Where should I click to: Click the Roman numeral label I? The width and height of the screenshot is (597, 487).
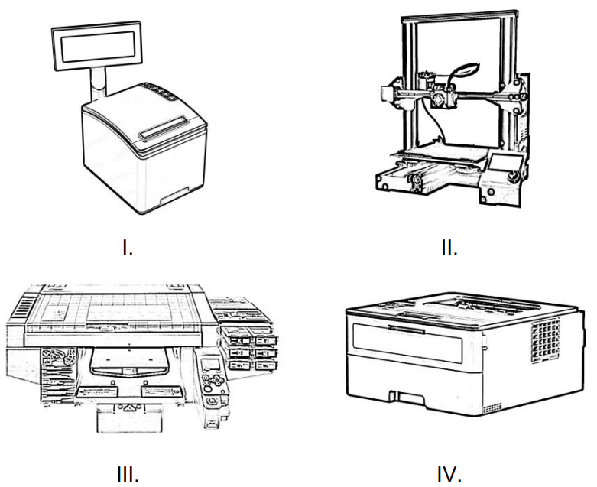coord(129,248)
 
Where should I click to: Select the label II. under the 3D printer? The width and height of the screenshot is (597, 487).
coord(448,248)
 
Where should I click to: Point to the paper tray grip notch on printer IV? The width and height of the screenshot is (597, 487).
coord(397,397)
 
